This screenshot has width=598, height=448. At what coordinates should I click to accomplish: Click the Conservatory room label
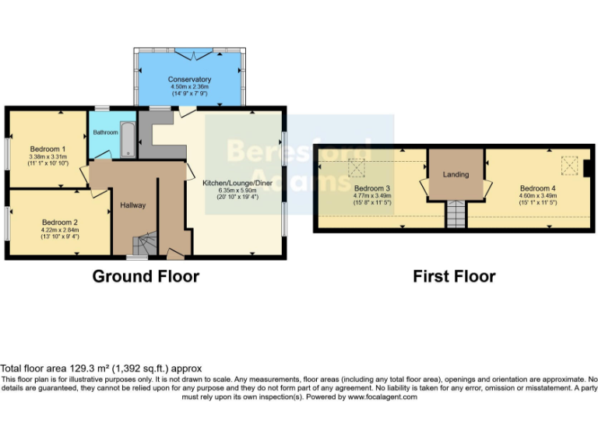[189, 79]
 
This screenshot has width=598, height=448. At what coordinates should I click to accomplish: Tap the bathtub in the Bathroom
[128, 137]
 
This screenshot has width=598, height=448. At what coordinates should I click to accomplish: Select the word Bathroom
[105, 132]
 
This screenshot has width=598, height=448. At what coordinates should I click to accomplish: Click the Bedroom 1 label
[47, 149]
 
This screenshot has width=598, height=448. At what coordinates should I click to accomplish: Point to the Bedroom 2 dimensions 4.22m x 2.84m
[59, 230]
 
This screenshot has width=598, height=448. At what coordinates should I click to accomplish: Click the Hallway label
[133, 205]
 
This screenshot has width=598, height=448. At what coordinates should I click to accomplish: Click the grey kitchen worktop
[147, 130]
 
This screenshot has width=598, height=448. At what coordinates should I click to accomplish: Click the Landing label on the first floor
[456, 174]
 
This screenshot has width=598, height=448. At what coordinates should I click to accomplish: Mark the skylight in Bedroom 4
[568, 166]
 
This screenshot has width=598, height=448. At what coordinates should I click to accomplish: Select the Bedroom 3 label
[371, 188]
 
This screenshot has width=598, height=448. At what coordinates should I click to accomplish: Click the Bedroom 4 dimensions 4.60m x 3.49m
[538, 196]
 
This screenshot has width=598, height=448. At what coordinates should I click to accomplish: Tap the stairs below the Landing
[455, 214]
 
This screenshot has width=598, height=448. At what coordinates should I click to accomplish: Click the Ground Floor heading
[146, 276]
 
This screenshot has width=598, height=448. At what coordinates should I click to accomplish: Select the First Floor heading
[454, 276]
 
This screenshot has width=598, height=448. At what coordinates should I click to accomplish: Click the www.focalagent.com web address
[383, 397]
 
